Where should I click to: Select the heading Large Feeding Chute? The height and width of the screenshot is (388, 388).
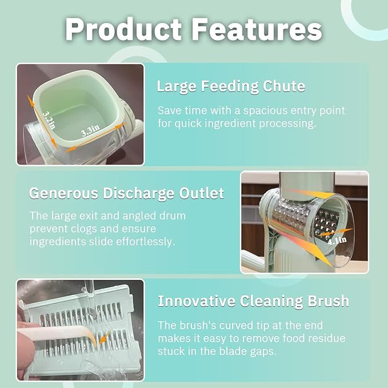tap(231, 87)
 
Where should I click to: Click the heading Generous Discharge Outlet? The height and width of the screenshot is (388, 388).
tap(126, 194)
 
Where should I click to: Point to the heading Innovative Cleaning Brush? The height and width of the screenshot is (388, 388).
tap(254, 301)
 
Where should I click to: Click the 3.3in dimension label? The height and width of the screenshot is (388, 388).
tap(89, 131)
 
